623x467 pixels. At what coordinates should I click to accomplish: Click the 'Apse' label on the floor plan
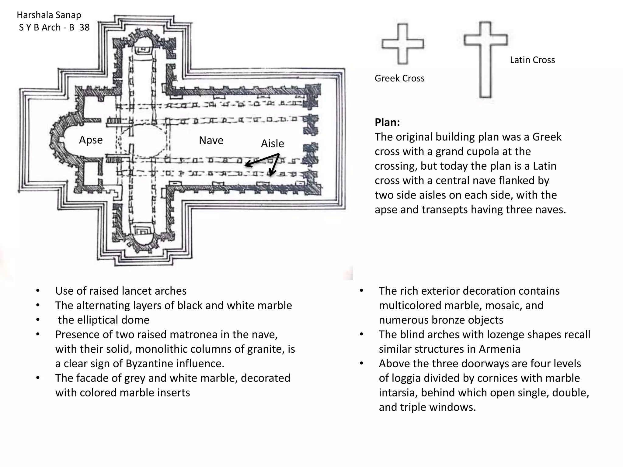(x=91, y=140)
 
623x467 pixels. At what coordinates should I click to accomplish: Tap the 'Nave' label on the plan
(x=211, y=140)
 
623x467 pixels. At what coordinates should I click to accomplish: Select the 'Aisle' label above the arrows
(x=273, y=144)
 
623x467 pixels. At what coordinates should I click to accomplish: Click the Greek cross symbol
(x=403, y=44)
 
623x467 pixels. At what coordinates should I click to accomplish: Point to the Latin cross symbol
(x=486, y=59)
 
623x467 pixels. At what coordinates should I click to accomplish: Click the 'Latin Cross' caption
(x=532, y=60)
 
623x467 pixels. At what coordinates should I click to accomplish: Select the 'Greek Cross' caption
(x=399, y=78)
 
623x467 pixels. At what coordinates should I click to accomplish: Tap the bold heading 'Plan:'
(x=387, y=122)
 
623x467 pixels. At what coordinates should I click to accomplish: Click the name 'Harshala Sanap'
(x=49, y=15)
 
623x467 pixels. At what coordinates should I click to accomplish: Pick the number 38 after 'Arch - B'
(x=84, y=27)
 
